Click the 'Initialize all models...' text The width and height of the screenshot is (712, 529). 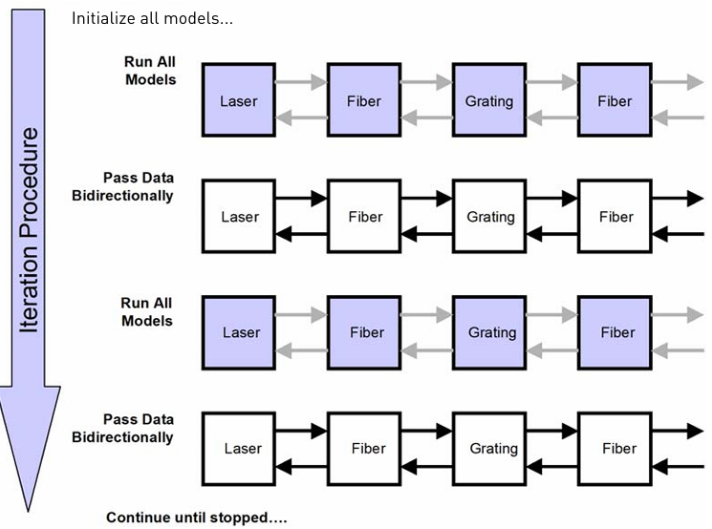[152, 18]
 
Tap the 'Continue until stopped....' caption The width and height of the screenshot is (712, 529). [197, 518]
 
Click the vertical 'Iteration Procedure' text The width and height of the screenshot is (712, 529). [29, 230]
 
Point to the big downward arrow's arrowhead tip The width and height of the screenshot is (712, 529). [28, 511]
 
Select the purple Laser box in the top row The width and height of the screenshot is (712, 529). [239, 100]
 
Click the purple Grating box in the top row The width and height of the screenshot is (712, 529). [489, 100]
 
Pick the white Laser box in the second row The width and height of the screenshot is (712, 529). [239, 216]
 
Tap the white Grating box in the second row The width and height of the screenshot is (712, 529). [489, 216]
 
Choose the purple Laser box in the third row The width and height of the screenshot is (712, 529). [239, 332]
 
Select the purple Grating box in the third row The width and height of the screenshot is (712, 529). [489, 332]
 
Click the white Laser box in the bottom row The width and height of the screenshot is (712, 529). [239, 449]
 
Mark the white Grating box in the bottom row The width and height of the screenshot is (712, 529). [489, 449]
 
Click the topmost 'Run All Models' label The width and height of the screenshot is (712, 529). [150, 71]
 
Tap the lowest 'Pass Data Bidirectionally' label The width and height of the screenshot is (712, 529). [123, 428]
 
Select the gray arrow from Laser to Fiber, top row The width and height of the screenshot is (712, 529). [301, 82]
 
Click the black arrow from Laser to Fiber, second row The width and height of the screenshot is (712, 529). [301, 198]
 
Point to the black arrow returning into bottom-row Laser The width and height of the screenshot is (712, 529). [302, 466]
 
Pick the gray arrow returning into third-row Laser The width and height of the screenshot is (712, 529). [302, 350]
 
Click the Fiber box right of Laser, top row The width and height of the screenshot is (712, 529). [364, 100]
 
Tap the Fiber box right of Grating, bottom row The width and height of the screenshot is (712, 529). [615, 449]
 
